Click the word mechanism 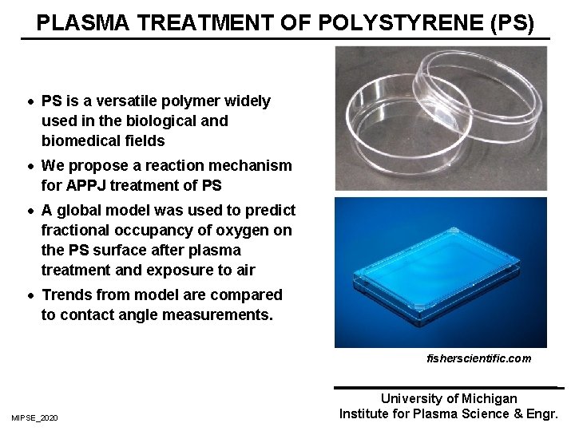pos(253,166)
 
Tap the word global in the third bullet pos(79,211)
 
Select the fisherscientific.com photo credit pos(478,359)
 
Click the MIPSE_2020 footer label pos(34,418)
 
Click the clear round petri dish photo pos(441,120)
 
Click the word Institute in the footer pos(364,413)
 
